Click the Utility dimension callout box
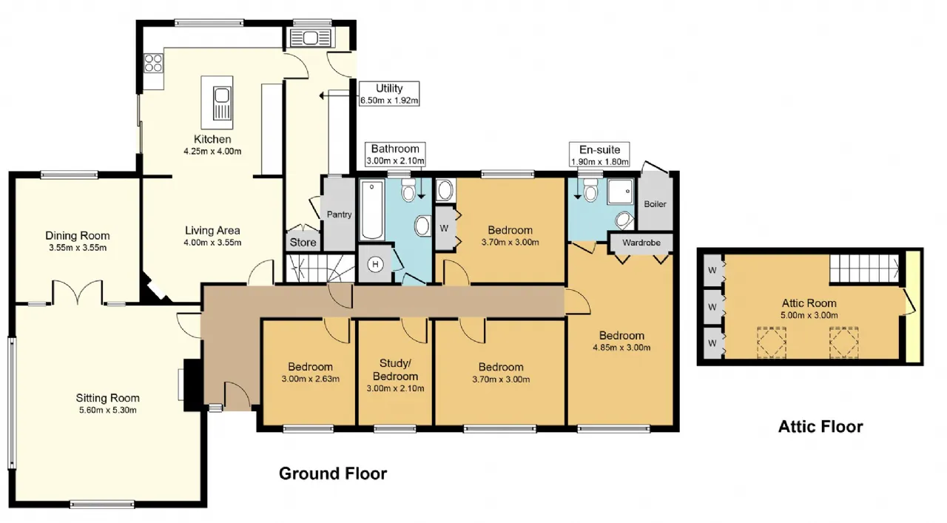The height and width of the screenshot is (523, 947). [389, 93]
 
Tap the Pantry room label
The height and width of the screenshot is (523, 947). [339, 215]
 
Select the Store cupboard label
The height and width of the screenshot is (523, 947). [303, 242]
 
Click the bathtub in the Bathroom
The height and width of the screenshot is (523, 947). [372, 209]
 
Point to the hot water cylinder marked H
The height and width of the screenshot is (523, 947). [374, 265]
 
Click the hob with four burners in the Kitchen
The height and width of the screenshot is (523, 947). [153, 63]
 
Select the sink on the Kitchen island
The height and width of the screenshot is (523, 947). [221, 103]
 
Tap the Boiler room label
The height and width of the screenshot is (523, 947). [655, 203]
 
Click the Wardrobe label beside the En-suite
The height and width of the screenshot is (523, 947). [641, 243]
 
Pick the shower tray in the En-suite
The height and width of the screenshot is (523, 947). [621, 192]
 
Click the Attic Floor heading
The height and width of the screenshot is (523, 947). [820, 427]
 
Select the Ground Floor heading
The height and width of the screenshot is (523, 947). [333, 473]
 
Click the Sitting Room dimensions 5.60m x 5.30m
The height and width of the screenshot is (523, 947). [108, 410]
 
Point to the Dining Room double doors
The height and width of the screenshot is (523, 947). [78, 291]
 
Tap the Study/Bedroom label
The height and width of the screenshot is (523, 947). [395, 370]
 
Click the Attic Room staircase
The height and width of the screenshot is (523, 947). [863, 269]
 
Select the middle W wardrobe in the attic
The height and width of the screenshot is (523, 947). [712, 307]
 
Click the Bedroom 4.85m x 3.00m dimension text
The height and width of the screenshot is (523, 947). [621, 348]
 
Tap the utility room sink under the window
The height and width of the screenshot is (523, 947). [311, 38]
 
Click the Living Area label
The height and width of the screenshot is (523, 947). [212, 230]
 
